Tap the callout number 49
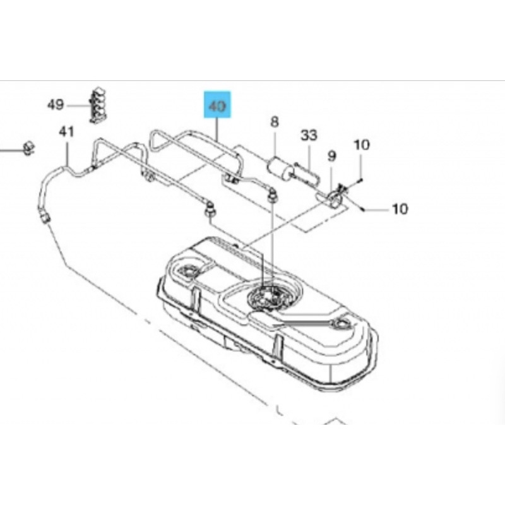(x=56, y=105)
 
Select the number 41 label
(x=66, y=132)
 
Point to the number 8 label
(x=274, y=122)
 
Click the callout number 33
(x=309, y=135)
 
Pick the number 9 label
(x=332, y=156)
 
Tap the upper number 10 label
(x=361, y=145)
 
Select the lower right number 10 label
(x=400, y=209)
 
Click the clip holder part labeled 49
(x=97, y=105)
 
